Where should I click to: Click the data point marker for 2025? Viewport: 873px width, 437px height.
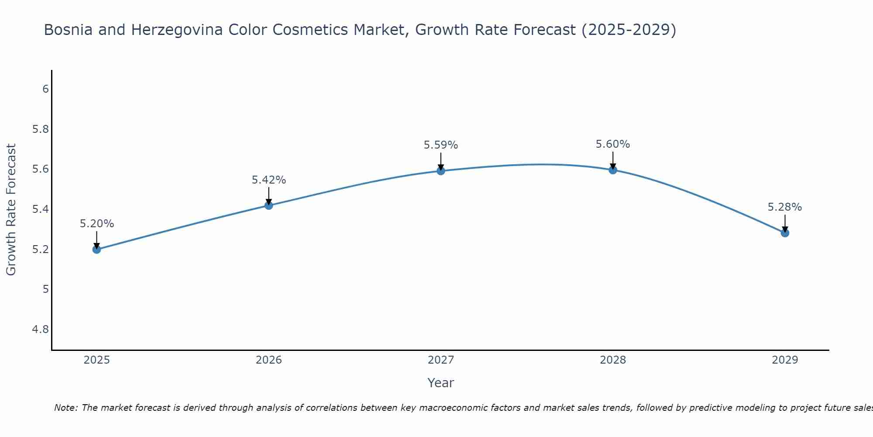coord(96,250)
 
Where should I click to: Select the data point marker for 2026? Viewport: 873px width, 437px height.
coord(269,205)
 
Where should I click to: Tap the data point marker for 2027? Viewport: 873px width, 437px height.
coord(441,171)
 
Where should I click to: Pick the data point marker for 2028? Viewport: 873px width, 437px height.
coord(613,170)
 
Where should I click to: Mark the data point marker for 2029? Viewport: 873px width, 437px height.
coord(785,233)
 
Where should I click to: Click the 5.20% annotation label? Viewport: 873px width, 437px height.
coord(96,224)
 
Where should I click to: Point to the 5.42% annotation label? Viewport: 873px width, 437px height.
coord(269,180)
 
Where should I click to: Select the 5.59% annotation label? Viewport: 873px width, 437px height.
coord(441,145)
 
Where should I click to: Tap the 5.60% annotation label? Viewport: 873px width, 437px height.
coord(613,144)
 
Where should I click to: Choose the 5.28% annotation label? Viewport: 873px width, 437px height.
coord(785,207)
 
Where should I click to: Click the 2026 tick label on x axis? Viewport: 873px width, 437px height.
coord(269,360)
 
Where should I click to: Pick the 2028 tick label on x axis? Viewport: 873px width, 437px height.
coord(613,360)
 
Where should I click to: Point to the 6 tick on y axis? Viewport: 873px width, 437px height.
coord(45,89)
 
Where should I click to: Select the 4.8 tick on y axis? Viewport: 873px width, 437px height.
coord(41,329)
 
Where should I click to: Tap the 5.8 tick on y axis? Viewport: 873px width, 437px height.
coord(41,129)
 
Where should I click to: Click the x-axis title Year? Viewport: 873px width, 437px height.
coord(441,383)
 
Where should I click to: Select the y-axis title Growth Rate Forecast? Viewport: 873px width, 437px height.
coord(11,210)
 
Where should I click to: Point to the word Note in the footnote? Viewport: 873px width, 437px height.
coord(65,408)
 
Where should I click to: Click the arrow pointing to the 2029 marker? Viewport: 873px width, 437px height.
coord(785,223)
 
